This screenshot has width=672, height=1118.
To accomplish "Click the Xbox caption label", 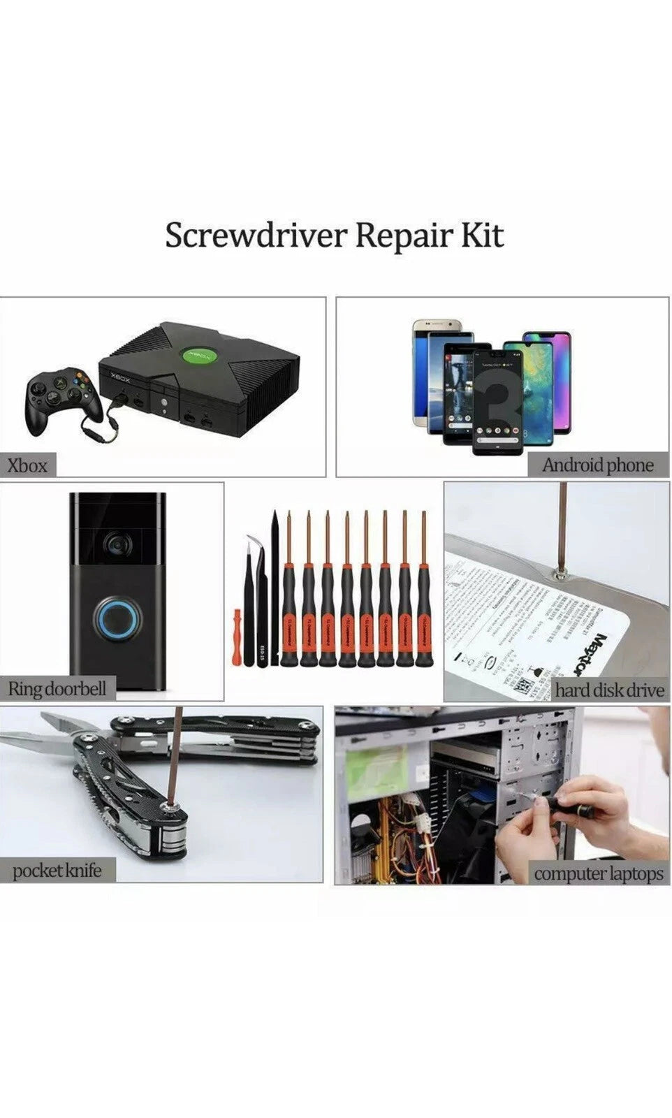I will pyautogui.click(x=27, y=465).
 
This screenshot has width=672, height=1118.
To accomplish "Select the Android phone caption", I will pyautogui.click(x=598, y=465).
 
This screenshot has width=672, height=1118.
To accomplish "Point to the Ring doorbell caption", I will pyautogui.click(x=57, y=689).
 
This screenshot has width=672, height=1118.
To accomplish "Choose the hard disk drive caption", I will pyautogui.click(x=609, y=690).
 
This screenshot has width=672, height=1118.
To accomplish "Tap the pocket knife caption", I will pyautogui.click(x=57, y=871).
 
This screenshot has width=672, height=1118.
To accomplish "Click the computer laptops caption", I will pyautogui.click(x=599, y=873).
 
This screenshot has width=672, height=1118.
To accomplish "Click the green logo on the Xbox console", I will pyautogui.click(x=197, y=355).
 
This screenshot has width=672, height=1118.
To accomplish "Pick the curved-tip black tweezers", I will pyautogui.click(x=251, y=601).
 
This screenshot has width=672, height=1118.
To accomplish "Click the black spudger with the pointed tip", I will pyautogui.click(x=275, y=587).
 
